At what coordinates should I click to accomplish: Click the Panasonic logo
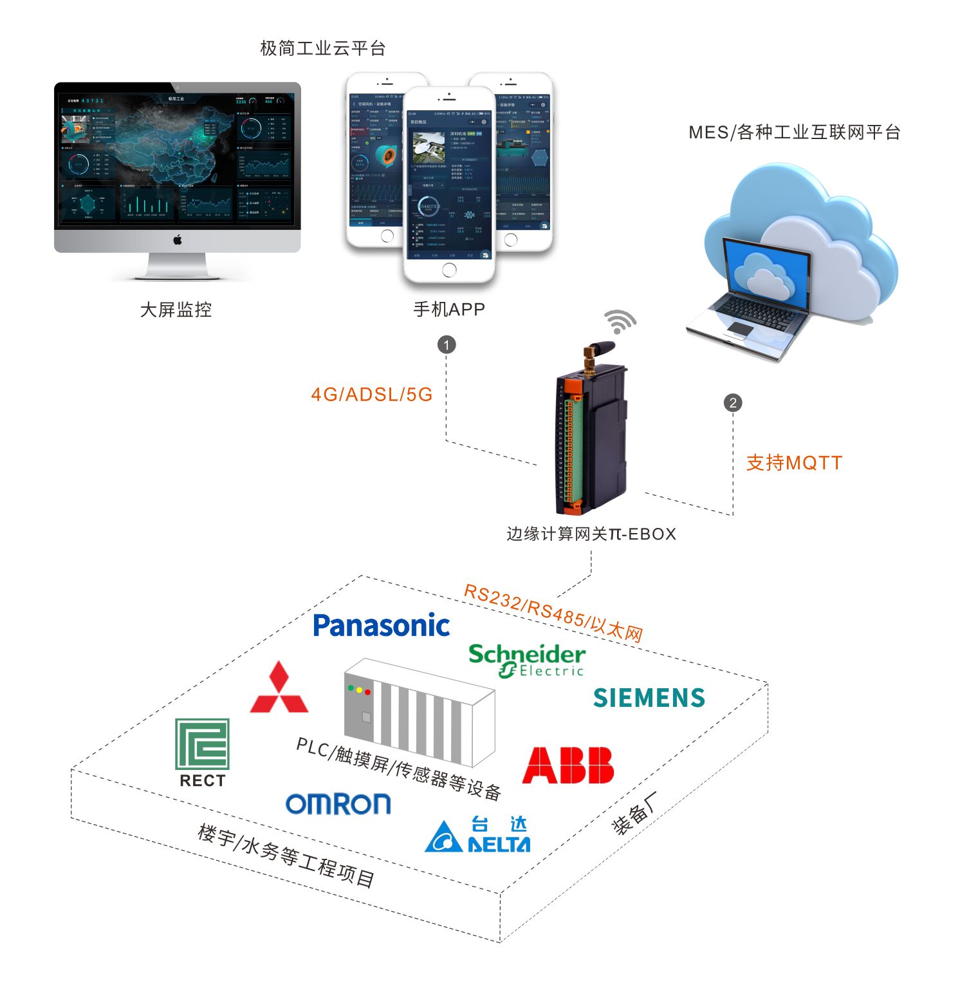[381, 626]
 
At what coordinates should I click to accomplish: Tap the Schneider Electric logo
[527, 660]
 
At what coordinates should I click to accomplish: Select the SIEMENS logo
[649, 698]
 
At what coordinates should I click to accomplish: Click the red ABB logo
[568, 765]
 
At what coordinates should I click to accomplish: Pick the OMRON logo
[338, 803]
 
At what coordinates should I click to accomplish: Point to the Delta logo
[477, 835]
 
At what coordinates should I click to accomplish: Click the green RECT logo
[203, 751]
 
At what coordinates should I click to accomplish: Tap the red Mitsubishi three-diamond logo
[279, 688]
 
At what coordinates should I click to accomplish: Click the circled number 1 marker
[447, 344]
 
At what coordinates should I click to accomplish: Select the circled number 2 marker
[733, 403]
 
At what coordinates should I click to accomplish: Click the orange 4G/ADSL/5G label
[371, 395]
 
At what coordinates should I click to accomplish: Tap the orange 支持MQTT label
[793, 463]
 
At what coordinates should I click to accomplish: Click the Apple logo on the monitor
[178, 240]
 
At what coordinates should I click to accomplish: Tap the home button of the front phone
[449, 270]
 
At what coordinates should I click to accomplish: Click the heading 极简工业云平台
[322, 48]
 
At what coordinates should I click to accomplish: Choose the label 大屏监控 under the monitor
[176, 310]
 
